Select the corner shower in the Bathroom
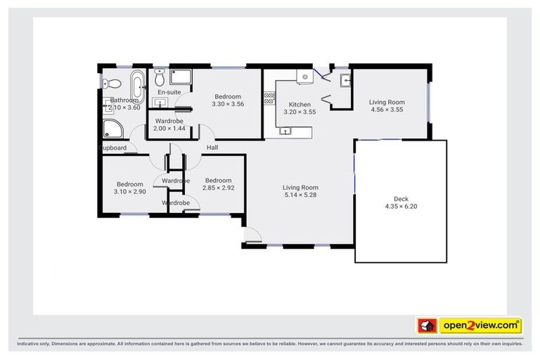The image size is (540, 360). click(112, 128)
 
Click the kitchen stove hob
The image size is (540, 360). click(269, 99)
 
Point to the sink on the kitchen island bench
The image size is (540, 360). click(285, 129)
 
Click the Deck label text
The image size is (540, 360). click(401, 198)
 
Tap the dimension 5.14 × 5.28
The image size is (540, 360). click(300, 195)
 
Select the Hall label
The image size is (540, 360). click(212, 148)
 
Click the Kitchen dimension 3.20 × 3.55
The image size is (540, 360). click(300, 112)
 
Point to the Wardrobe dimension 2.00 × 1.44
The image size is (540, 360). click(169, 129)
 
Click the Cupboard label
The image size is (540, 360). click(113, 148)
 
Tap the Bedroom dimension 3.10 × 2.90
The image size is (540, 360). click(129, 192)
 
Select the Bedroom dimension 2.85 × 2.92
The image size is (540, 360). click(218, 188)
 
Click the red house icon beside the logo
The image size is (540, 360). click(425, 326)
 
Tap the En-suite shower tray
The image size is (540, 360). click(181, 77)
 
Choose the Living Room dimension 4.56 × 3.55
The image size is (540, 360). click(387, 110)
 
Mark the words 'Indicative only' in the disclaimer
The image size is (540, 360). click(34, 345)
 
